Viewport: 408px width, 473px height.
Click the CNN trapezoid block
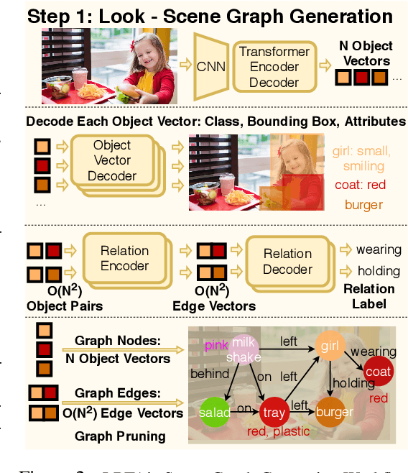coord(210,67)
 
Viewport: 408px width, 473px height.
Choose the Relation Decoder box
coord(287,262)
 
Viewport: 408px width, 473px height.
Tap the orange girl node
coord(330,345)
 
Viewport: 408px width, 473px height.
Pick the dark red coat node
coord(377,372)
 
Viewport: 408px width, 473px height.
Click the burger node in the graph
coord(333,412)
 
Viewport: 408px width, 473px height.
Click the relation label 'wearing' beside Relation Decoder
coord(379,249)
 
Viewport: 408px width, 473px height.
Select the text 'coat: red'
coord(360,185)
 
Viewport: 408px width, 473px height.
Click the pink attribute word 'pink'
coord(215,346)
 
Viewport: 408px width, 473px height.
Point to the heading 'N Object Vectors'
coord(365,54)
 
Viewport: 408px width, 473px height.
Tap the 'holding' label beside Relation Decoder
coord(379,271)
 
